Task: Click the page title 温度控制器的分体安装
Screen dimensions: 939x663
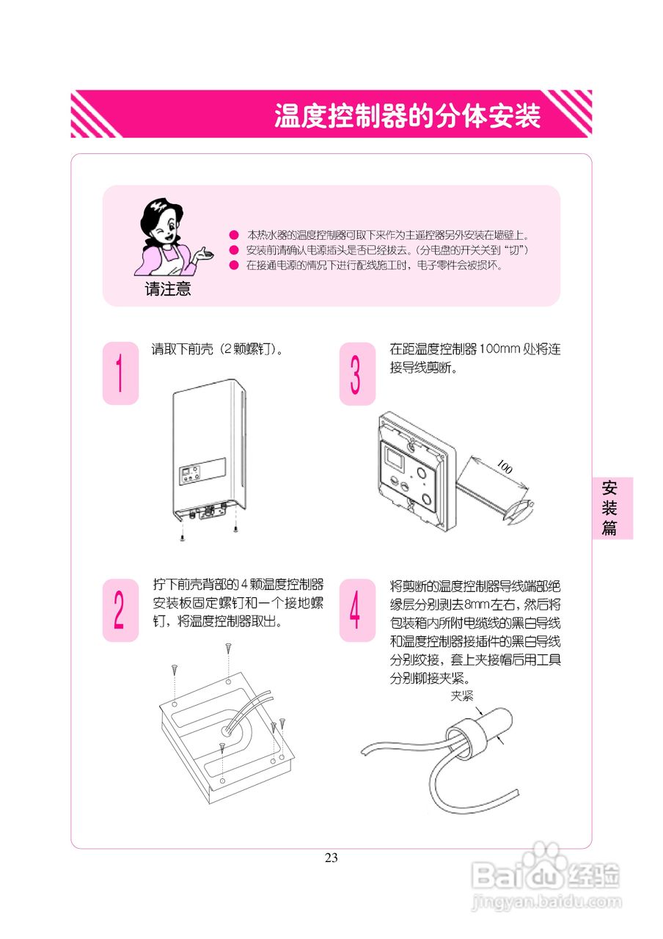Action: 407,115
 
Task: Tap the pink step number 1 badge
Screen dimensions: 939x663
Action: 120,373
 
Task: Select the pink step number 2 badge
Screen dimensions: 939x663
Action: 120,610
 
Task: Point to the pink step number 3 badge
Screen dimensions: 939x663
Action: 357,373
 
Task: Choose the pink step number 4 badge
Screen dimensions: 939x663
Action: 357,610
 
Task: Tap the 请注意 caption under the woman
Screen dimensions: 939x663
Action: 168,289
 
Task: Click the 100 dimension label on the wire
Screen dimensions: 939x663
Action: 504,467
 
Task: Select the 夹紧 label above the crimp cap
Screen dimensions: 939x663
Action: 462,695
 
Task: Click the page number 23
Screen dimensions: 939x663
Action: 331,858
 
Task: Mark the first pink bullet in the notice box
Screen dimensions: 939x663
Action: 234,235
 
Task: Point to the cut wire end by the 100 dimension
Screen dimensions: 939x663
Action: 522,508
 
